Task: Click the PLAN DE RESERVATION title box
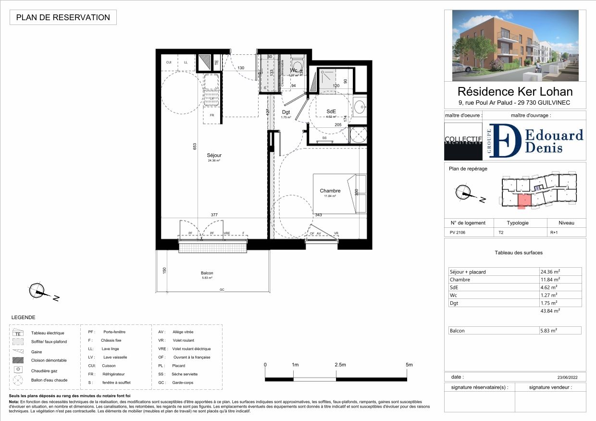(63, 17)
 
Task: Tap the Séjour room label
(214, 155)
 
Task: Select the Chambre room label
(330, 191)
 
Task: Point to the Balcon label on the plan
(207, 273)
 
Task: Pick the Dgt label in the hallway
(286, 112)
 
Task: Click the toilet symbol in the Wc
(297, 66)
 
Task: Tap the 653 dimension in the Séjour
(195, 147)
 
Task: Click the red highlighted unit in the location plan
(524, 200)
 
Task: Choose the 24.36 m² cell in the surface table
(560, 272)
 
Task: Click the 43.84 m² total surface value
(550, 311)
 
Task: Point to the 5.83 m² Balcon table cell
(560, 331)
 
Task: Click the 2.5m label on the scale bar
(340, 365)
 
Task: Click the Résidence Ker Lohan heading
(515, 91)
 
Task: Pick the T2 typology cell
(501, 232)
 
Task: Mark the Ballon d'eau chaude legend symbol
(18, 380)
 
